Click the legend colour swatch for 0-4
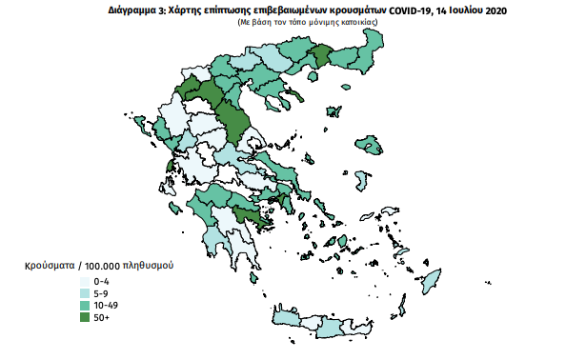[x=86, y=282]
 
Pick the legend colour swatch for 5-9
[x=86, y=291]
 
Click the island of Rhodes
[x=432, y=281]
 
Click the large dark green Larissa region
[x=231, y=118]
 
